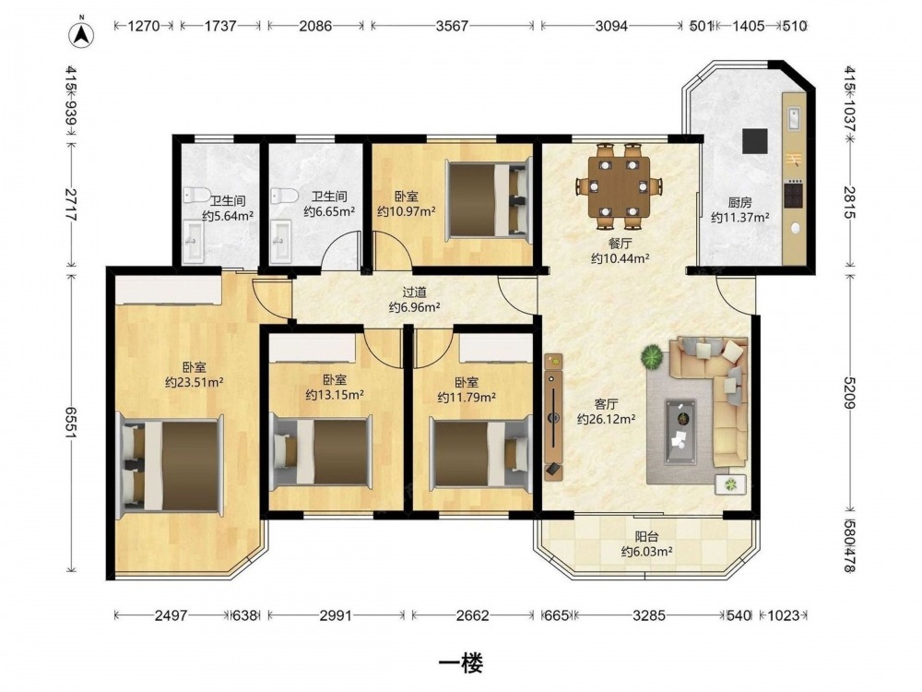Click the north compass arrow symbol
pyautogui.click(x=82, y=34)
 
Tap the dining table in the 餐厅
pyautogui.click(x=620, y=186)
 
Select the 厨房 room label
pyautogui.click(x=739, y=203)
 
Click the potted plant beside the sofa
pyautogui.click(x=652, y=357)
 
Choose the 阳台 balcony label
pyautogui.click(x=646, y=537)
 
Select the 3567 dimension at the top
pyautogui.click(x=453, y=26)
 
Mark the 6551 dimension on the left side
pyautogui.click(x=72, y=422)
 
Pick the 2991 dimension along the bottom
pyautogui.click(x=336, y=615)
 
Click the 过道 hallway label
pyautogui.click(x=415, y=292)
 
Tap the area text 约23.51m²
pyautogui.click(x=194, y=383)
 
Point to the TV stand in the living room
pyautogui.click(x=553, y=416)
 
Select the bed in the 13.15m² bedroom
pyautogui.click(x=321, y=452)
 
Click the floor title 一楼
pyautogui.click(x=462, y=663)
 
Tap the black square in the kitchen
pyautogui.click(x=754, y=140)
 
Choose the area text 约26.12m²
pyautogui.click(x=607, y=419)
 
